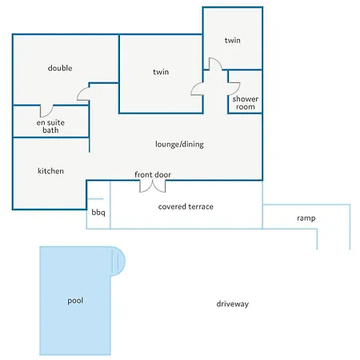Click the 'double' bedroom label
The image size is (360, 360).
[x=60, y=68]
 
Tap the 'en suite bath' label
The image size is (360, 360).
[x=50, y=126]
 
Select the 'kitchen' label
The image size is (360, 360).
[x=50, y=171]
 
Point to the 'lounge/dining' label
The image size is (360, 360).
[x=179, y=144]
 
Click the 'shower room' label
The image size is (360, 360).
[x=246, y=103]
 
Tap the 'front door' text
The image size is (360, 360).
[x=153, y=174]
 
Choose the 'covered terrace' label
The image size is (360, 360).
[x=186, y=206]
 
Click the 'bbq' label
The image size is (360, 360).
[x=98, y=212]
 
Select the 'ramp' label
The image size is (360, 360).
[x=306, y=218]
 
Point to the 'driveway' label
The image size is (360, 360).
[x=233, y=304]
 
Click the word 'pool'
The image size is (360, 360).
[x=75, y=301]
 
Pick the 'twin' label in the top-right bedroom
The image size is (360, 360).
[x=233, y=40]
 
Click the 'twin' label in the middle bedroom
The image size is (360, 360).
[x=161, y=72]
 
